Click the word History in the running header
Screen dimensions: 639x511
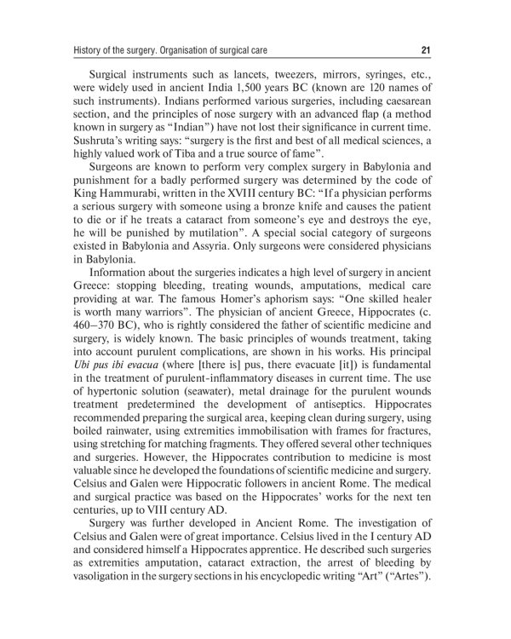click(x=92, y=49)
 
